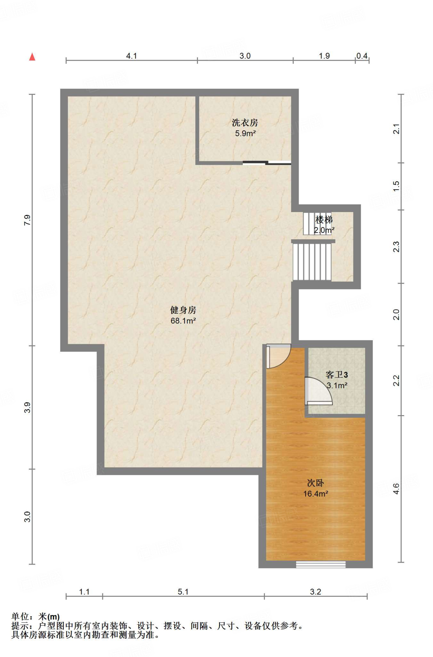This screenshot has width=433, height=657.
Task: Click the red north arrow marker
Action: pyautogui.click(x=32, y=57)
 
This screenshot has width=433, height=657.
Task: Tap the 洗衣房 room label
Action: pyautogui.click(x=245, y=123)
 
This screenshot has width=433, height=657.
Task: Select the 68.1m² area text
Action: pyautogui.click(x=183, y=321)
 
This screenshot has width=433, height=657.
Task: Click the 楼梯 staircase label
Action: pyautogui.click(x=324, y=220)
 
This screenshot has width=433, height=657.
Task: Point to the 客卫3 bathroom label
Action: pyautogui.click(x=336, y=375)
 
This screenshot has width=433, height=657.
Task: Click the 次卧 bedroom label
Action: pyautogui.click(x=315, y=483)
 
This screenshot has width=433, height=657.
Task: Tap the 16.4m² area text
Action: pyautogui.click(x=316, y=494)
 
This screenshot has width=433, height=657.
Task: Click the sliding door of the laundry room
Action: pyautogui.click(x=267, y=163)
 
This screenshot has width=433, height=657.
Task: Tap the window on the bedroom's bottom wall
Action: pyautogui.click(x=321, y=564)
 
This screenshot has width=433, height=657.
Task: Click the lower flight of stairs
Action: pyautogui.click(x=312, y=262)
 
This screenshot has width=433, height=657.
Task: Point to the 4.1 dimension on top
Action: pyautogui.click(x=132, y=56)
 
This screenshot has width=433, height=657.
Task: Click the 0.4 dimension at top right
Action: pyautogui.click(x=362, y=56)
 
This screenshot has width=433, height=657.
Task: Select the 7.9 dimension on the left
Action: pyautogui.click(x=28, y=220)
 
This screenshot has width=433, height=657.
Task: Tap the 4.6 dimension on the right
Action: pyautogui.click(x=396, y=489)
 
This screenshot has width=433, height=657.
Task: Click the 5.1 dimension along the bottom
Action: pyautogui.click(x=183, y=592)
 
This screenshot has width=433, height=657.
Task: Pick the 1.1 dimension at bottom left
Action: pyautogui.click(x=84, y=592)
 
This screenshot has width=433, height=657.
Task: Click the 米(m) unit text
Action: pyautogui.click(x=49, y=617)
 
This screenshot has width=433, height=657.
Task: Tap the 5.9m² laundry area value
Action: pyautogui.click(x=245, y=133)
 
